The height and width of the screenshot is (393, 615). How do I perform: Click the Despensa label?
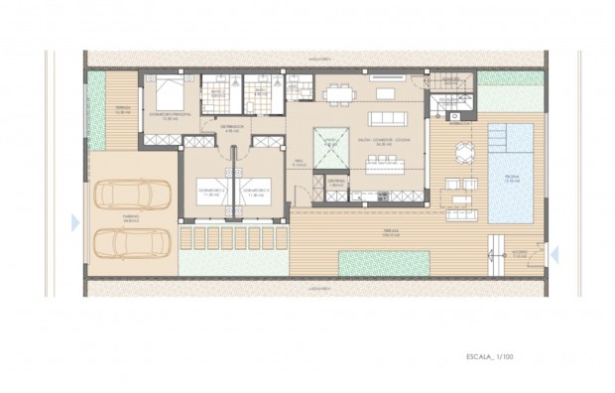(336, 182)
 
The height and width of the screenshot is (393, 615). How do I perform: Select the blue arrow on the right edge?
(555, 255)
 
